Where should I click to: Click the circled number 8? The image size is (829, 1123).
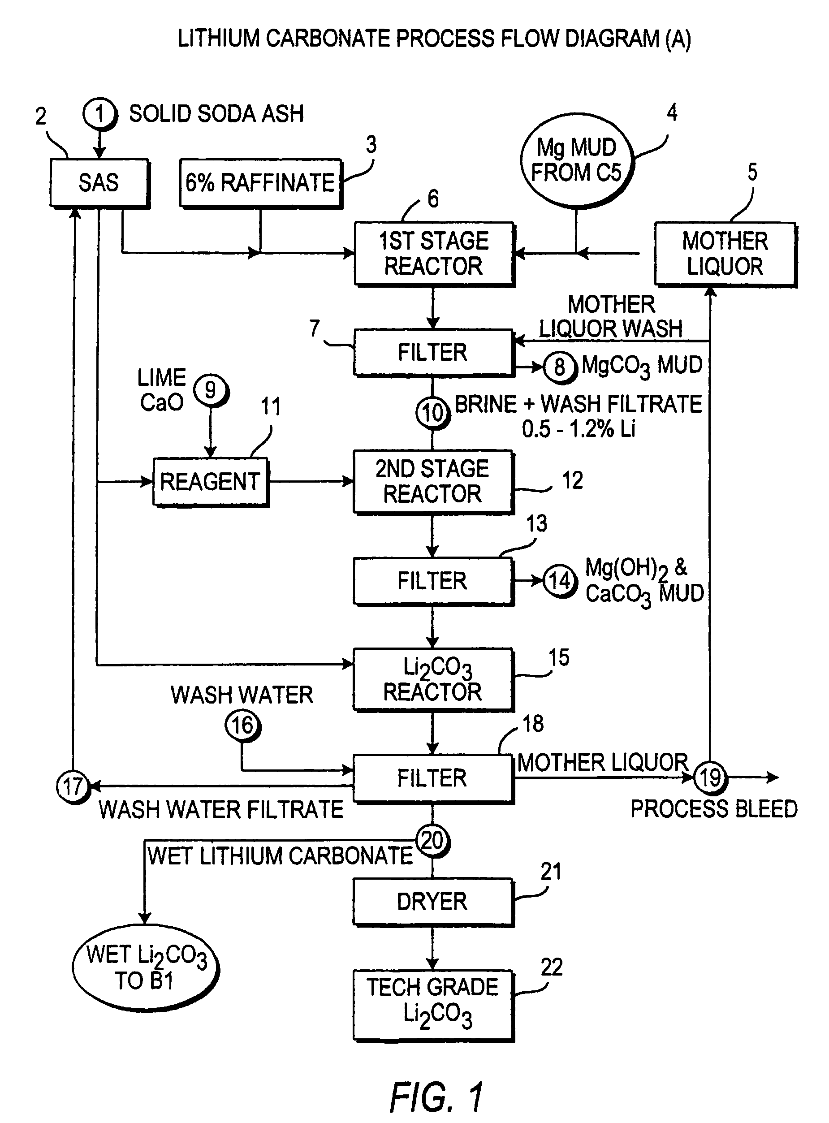coord(560,367)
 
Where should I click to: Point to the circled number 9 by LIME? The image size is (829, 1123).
coord(211,390)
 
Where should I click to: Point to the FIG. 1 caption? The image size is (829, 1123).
coord(437,1097)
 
